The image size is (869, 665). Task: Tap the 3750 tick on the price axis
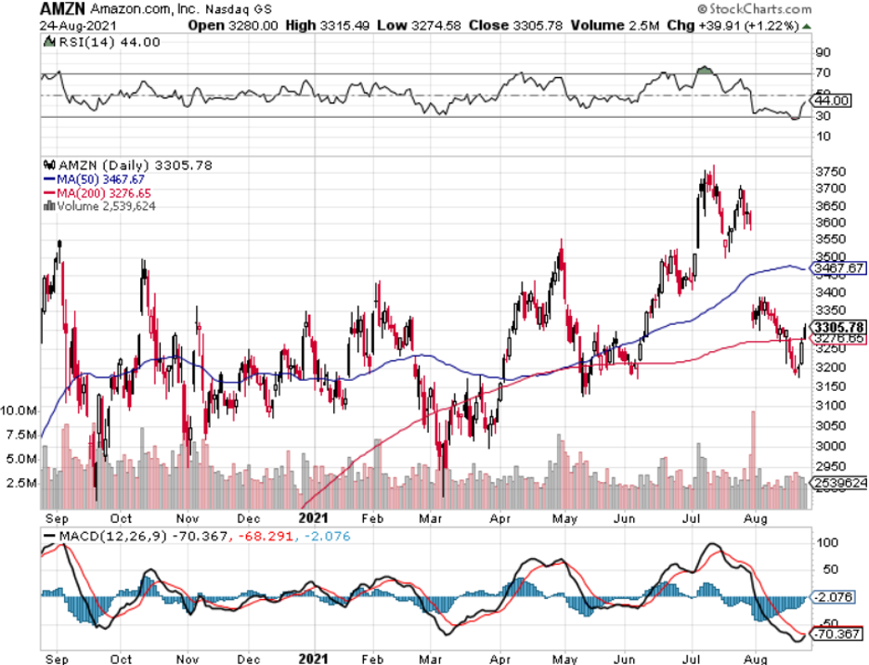pos(828,172)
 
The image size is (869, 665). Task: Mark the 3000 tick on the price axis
pos(828,445)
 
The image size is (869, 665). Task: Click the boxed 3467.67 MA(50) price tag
pos(834,268)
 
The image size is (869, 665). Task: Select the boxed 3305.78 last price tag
pos(837,327)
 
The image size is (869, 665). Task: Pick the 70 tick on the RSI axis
pos(824,72)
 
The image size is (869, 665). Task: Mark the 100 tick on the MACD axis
pos(825,541)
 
